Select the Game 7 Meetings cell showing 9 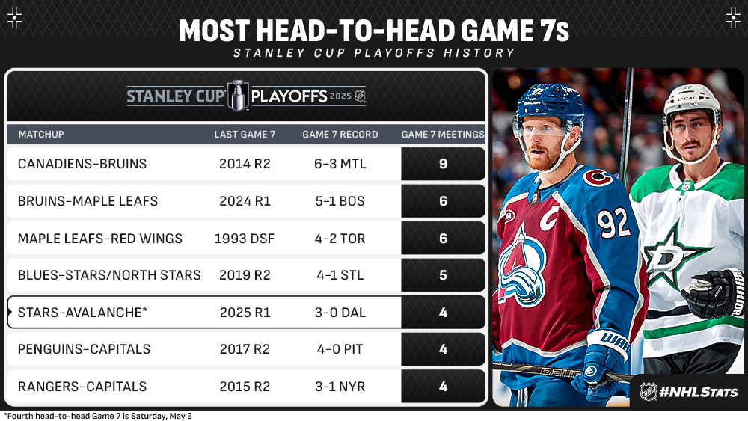443,164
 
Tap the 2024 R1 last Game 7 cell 245,201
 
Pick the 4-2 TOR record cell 340,239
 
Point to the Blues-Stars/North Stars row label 109,275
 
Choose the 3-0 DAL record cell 340,313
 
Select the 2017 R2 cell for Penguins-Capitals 245,349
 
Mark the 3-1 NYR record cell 340,387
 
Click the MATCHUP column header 41,135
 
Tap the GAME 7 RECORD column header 340,135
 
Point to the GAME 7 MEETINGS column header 443,135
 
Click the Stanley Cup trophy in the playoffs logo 239,95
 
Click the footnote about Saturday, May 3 97,416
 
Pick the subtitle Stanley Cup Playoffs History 374,53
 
